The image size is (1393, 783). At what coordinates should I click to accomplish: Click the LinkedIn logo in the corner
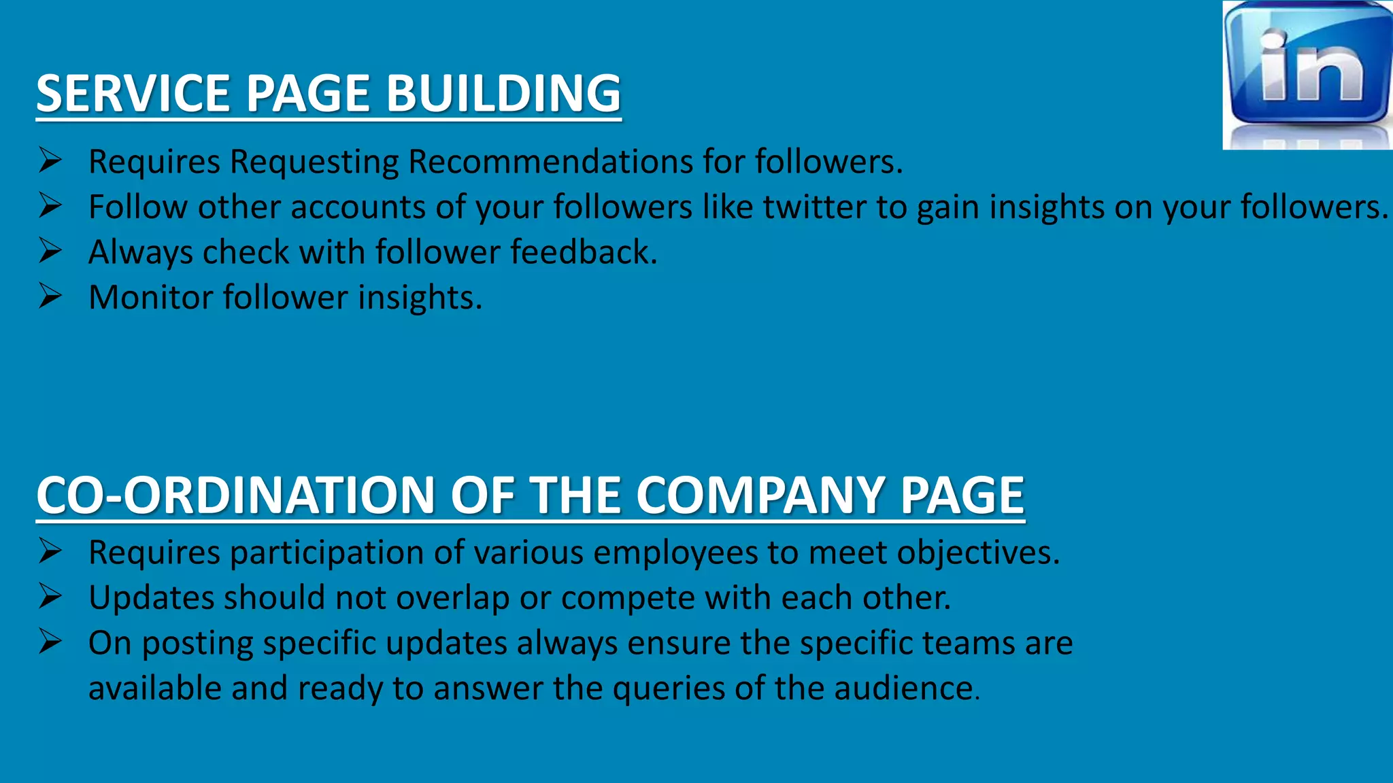pyautogui.click(x=1307, y=75)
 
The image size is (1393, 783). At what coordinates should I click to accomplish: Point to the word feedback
pyautogui.click(x=584, y=252)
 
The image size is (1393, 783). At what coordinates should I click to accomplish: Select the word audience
pyautogui.click(x=905, y=688)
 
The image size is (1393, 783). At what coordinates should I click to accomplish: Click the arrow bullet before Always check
pyautogui.click(x=50, y=251)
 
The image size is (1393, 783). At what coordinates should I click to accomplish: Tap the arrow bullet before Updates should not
pyautogui.click(x=50, y=596)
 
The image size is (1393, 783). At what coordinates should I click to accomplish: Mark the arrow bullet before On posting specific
pyautogui.click(x=50, y=642)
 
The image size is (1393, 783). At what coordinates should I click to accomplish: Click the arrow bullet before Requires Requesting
pyautogui.click(x=50, y=160)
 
